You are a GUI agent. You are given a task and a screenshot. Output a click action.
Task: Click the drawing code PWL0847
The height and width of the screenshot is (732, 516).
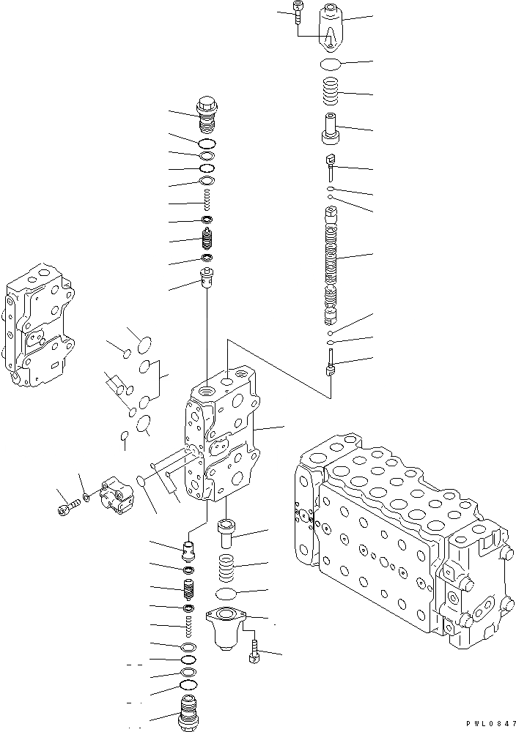[486, 723]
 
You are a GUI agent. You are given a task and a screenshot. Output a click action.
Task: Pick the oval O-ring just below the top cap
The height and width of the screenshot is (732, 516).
[333, 65]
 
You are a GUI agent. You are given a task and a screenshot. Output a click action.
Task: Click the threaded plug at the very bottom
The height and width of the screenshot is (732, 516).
[189, 712]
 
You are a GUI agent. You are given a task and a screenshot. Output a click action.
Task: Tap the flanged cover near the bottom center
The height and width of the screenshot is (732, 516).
[226, 626]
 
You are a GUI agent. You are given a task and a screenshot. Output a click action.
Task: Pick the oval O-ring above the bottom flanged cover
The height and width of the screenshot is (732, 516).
[229, 592]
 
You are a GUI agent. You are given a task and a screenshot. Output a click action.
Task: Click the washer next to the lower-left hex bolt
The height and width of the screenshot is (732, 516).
[87, 497]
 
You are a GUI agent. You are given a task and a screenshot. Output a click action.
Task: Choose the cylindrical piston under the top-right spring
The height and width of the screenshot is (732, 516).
[331, 130]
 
